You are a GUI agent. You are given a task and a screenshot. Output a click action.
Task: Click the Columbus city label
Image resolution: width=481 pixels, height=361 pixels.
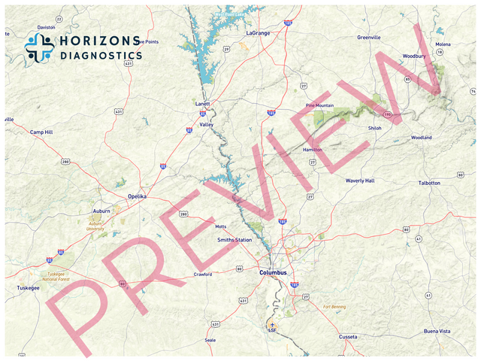click(273, 272)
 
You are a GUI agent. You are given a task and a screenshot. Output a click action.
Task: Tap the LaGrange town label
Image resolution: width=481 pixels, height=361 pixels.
click(258, 34)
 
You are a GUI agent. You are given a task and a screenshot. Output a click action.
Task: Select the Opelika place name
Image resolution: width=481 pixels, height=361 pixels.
click(137, 196)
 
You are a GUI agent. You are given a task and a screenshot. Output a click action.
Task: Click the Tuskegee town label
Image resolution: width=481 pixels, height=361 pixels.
click(28, 288)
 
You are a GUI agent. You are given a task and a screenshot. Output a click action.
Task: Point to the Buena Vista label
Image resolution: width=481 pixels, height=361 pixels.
click(437, 331)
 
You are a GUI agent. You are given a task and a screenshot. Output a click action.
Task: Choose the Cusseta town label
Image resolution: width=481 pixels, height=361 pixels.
click(348, 336)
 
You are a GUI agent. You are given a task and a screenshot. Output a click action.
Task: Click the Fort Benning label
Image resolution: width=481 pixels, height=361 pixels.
click(335, 307)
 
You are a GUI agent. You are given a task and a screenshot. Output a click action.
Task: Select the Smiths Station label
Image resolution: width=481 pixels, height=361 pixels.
click(234, 240)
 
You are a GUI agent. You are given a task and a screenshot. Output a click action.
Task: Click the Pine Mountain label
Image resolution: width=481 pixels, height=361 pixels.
click(319, 106)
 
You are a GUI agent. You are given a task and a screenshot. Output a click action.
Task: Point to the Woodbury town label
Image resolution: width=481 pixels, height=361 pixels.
click(414, 56)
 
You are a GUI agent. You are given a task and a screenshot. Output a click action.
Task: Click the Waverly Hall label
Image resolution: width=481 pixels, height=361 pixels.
click(359, 180)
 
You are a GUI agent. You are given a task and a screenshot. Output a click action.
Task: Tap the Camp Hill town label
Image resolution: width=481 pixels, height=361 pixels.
click(41, 132)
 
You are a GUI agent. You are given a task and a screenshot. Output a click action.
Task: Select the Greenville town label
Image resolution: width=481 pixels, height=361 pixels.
click(369, 37)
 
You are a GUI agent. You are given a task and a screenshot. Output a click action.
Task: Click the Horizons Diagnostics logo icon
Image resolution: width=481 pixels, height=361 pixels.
click(39, 47)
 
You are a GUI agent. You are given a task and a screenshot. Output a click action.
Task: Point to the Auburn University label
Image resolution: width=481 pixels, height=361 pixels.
click(95, 226)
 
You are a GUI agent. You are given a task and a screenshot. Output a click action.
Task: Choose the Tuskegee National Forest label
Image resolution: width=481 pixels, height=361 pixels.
click(56, 276)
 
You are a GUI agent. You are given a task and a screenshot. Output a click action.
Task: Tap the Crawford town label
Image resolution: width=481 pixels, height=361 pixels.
click(203, 274)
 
